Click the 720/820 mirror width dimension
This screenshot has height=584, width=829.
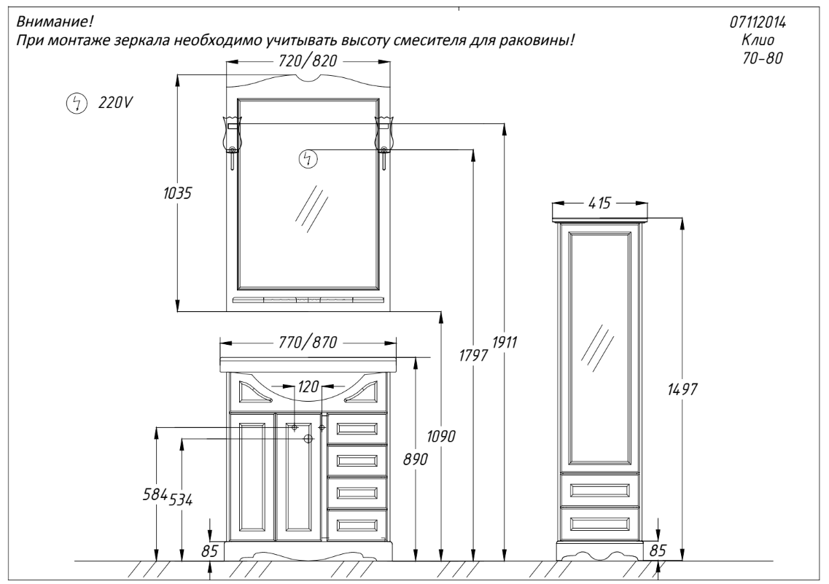coord(307,61)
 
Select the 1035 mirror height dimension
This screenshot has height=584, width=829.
coord(177,193)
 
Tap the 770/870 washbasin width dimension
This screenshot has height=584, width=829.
coord(307,343)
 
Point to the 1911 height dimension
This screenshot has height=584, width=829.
coord(505,343)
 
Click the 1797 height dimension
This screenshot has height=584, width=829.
coord(473,355)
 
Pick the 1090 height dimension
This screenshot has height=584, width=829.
coord(441,437)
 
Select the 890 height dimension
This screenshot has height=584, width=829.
coord(417,459)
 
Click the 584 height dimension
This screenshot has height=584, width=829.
coord(155,494)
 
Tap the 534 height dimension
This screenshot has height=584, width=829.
coord(180,499)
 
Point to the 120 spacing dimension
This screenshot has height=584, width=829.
coord(308,387)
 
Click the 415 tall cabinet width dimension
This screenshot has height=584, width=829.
coord(599,203)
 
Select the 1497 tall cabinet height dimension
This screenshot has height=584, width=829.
coord(682,390)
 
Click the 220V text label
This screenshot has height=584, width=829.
coord(115,103)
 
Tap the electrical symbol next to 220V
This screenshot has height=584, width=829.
coord(76,103)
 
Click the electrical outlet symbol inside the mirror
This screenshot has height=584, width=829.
coord(308,158)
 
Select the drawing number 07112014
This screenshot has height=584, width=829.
coord(758,22)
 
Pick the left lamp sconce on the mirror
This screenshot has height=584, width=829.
coord(232,141)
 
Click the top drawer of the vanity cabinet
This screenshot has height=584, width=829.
coord(357,428)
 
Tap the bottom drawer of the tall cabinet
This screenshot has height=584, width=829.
coord(599,523)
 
